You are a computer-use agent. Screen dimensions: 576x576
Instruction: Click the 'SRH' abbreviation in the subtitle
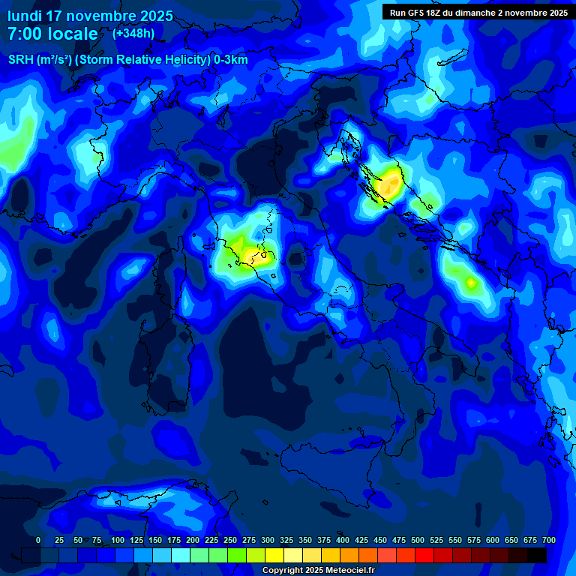pos(21,60)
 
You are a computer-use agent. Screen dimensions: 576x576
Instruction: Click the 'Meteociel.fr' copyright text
pos(344,571)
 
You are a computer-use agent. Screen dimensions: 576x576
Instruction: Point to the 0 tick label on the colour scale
pos(38,540)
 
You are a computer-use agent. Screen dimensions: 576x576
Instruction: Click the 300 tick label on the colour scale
pos(268,540)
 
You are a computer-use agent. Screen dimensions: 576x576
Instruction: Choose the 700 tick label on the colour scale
pos(549,540)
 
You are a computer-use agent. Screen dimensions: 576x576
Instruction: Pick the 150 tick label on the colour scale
pos(155,540)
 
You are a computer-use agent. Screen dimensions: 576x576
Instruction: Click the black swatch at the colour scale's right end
pos(537,555)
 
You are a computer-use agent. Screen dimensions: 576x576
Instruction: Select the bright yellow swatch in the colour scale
pos(274,555)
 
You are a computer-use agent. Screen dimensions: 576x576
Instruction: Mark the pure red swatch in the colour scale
pos(424,555)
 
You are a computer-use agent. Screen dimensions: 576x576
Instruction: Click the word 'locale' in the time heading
pos(73,34)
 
